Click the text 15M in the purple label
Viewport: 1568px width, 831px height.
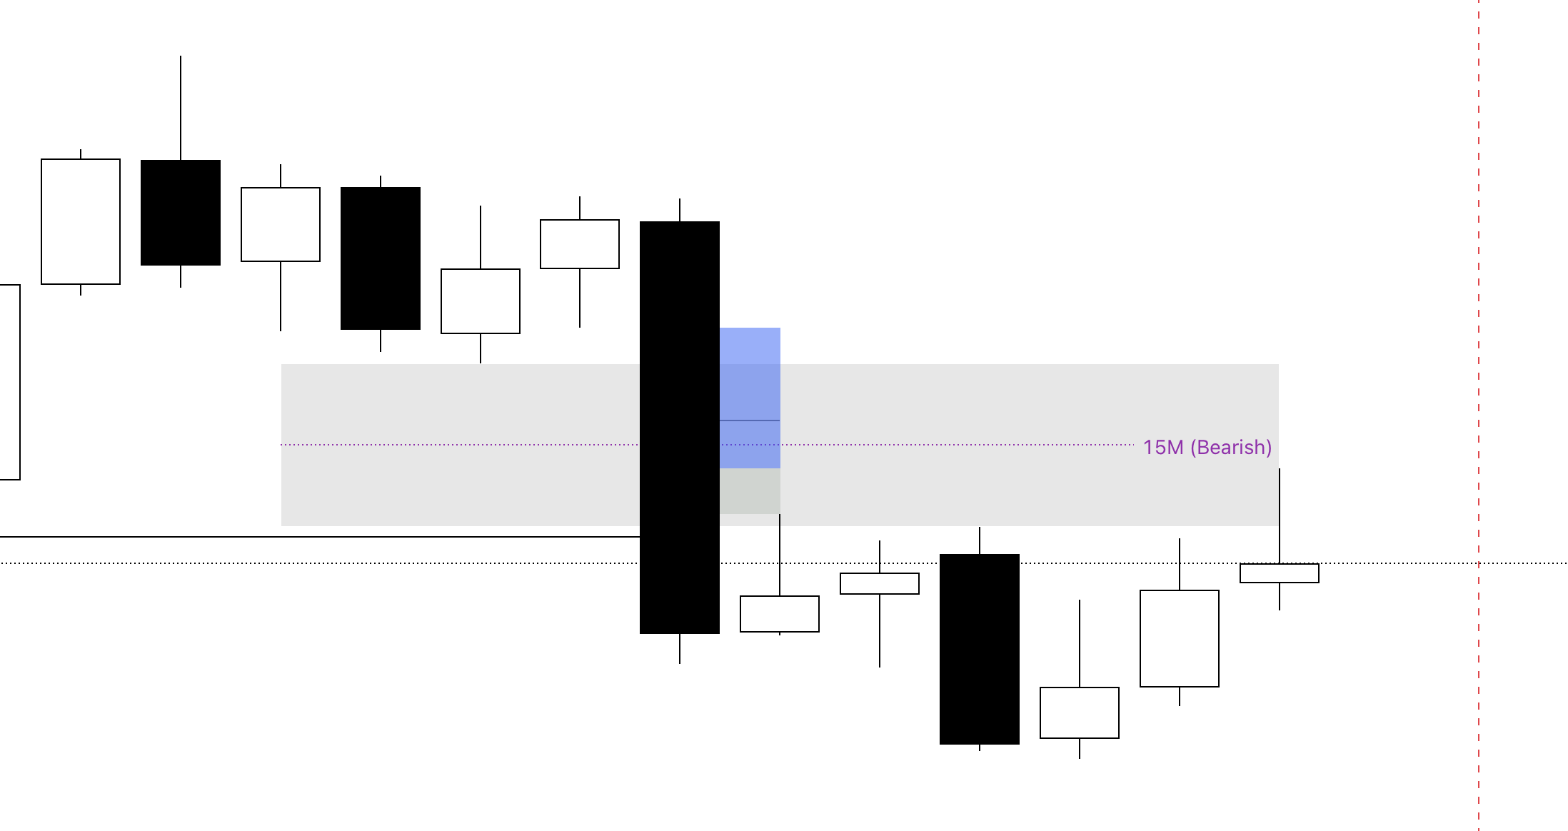[x=1163, y=448]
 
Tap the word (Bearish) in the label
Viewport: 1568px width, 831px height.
[x=1231, y=448]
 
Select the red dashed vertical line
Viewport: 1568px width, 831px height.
[x=1479, y=415]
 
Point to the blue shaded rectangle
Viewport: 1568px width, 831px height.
[x=750, y=398]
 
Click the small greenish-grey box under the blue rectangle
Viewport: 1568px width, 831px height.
[x=750, y=491]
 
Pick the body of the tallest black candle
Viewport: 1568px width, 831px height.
[x=680, y=428]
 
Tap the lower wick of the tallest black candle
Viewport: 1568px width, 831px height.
[x=680, y=649]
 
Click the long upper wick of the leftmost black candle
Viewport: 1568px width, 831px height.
[x=181, y=108]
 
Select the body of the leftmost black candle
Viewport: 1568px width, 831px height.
[x=181, y=213]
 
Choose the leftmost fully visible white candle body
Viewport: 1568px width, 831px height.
[x=81, y=221]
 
